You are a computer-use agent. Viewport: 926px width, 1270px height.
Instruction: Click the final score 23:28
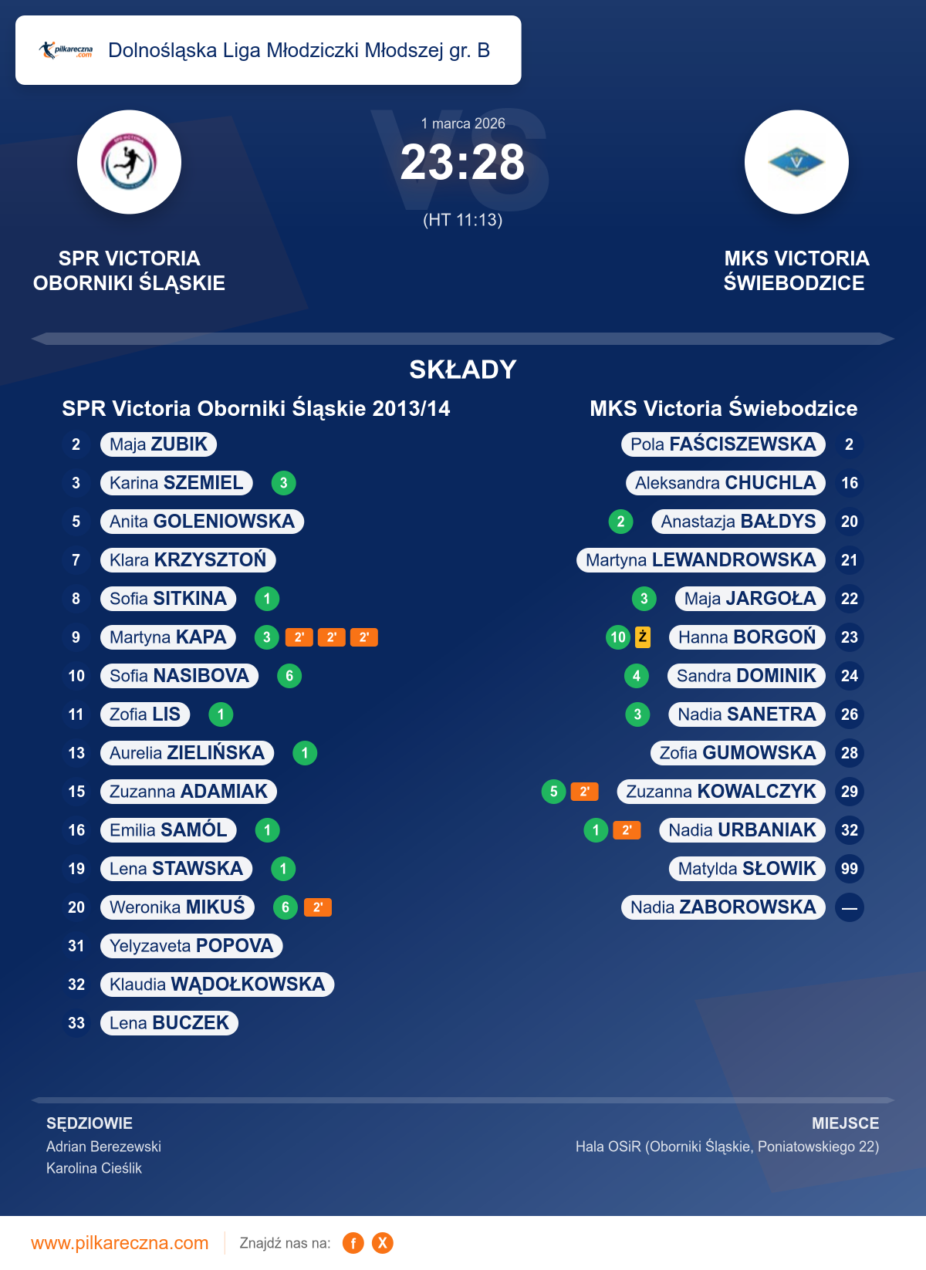[x=462, y=163]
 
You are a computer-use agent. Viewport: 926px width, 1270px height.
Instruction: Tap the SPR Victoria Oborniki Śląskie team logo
[x=130, y=162]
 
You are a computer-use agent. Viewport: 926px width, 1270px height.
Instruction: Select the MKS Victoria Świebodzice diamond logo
[x=796, y=162]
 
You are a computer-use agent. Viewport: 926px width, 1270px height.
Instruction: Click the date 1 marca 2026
[x=463, y=123]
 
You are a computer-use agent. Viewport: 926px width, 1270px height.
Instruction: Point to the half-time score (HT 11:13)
[x=463, y=221]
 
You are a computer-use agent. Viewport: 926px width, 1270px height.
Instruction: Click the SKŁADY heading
[x=463, y=370]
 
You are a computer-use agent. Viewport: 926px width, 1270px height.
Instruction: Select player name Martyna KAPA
[x=168, y=637]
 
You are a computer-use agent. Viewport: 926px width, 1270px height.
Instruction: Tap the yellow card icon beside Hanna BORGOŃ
[x=643, y=637]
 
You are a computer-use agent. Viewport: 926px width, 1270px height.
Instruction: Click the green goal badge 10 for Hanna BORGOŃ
[x=618, y=637]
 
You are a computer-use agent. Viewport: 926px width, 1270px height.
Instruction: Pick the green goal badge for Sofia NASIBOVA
[x=289, y=676]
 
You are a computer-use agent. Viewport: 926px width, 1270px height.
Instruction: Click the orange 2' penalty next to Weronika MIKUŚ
[x=318, y=907]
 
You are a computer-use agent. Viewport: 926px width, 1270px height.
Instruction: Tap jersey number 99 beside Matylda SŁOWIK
[x=850, y=869]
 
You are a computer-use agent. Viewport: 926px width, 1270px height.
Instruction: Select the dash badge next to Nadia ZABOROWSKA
[x=850, y=907]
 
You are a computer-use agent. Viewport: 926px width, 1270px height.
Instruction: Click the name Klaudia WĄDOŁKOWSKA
[x=217, y=985]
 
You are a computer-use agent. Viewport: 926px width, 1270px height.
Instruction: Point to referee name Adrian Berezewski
[x=103, y=1147]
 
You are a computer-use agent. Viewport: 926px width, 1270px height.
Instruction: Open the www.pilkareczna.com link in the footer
[x=120, y=1243]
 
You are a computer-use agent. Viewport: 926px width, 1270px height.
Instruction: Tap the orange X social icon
[x=383, y=1243]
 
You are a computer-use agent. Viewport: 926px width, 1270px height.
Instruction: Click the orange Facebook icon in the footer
[x=353, y=1243]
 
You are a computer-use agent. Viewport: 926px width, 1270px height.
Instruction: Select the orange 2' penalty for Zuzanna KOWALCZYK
[x=585, y=792]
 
